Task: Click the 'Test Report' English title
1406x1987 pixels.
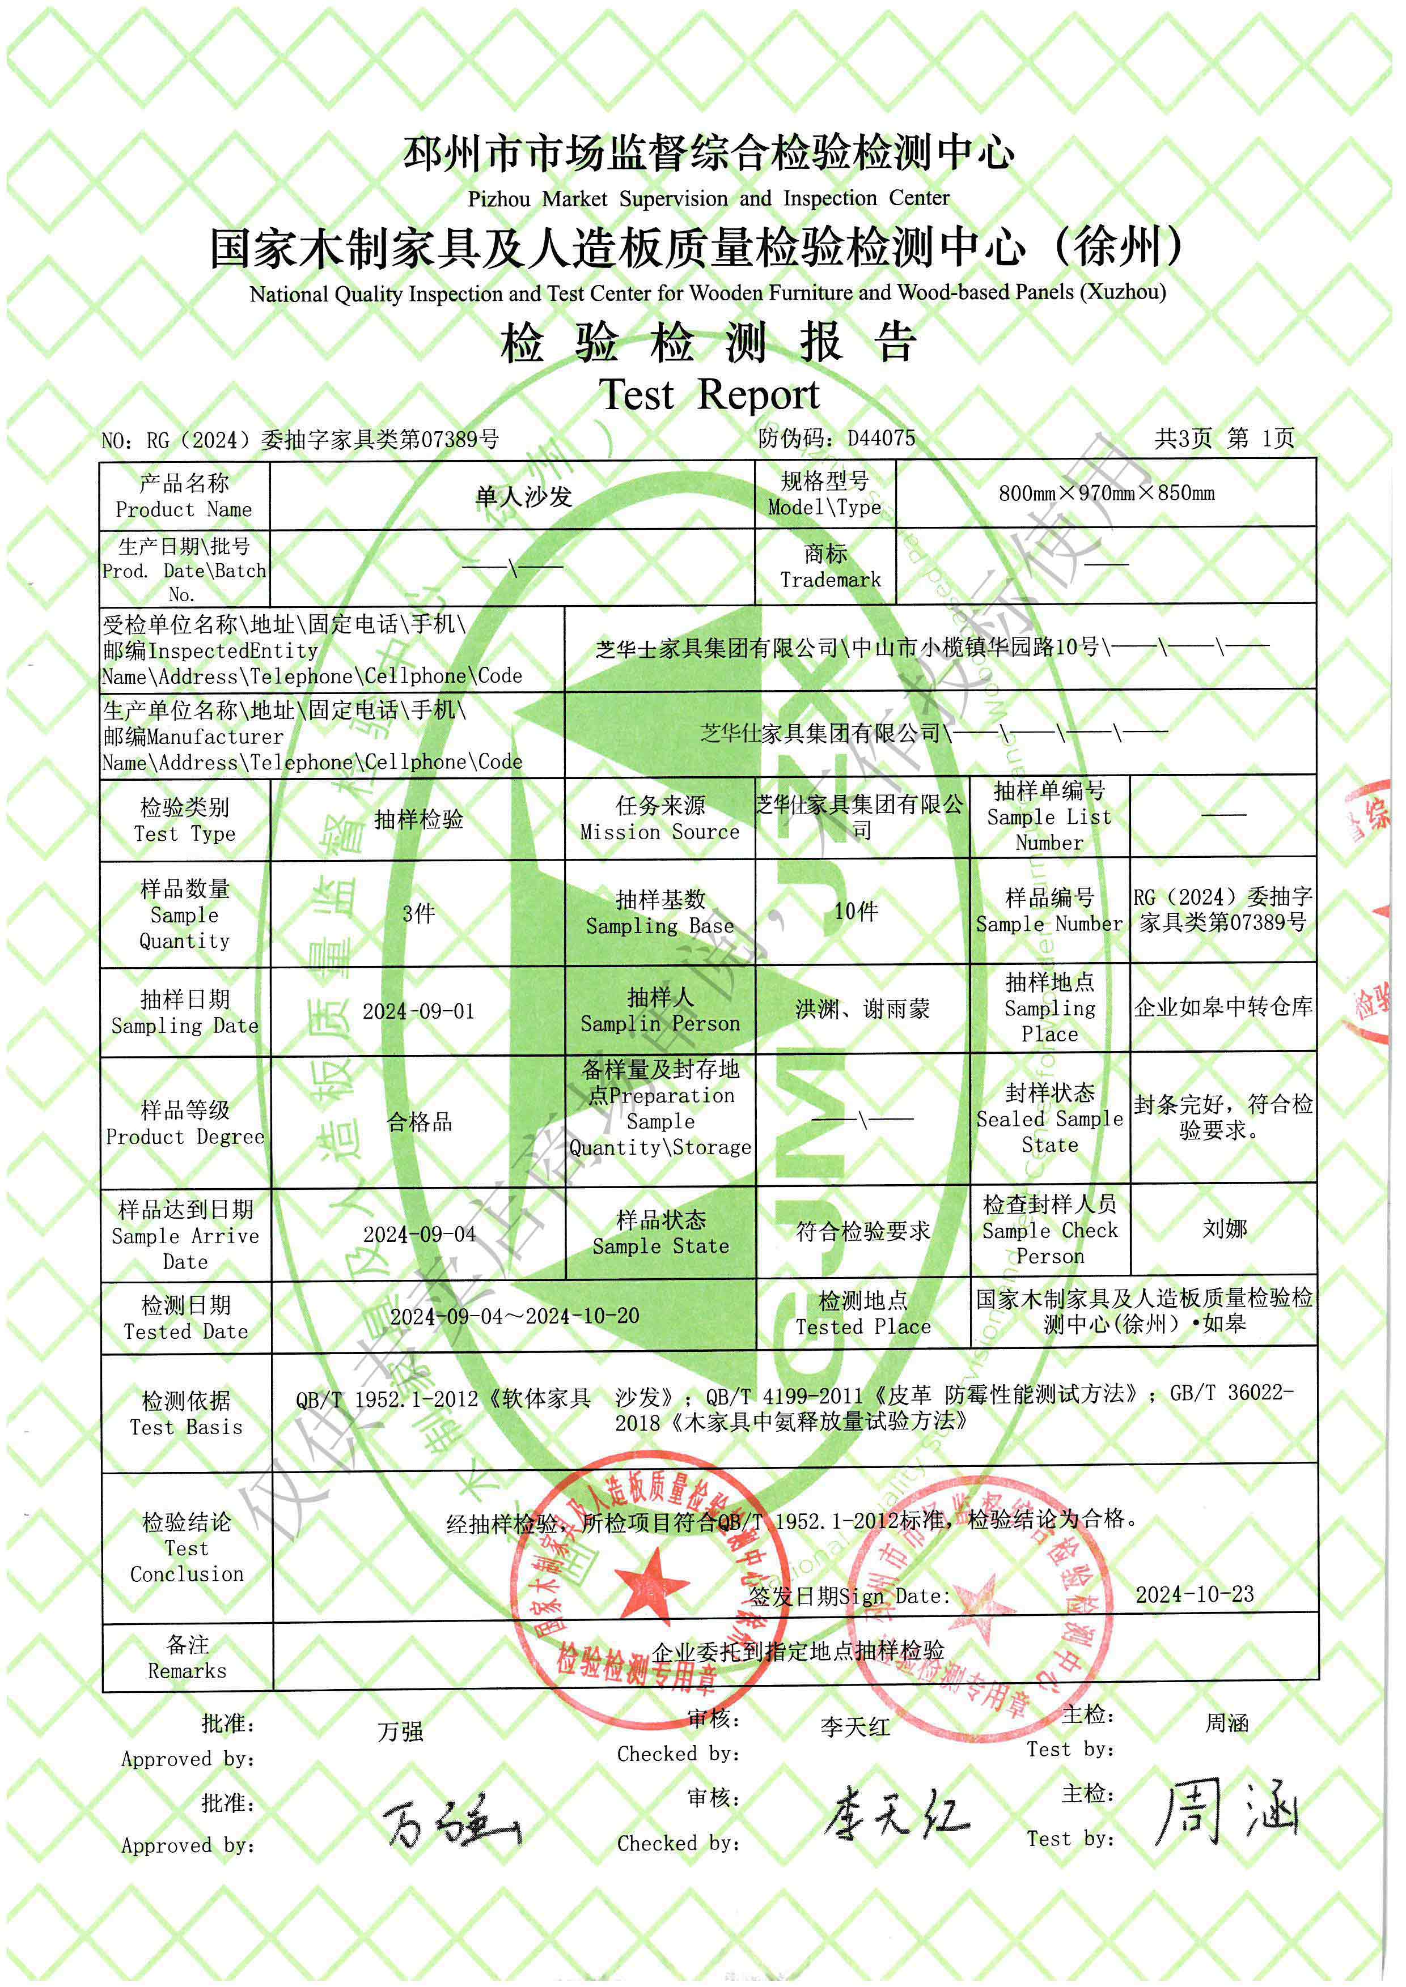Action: pyautogui.click(x=709, y=395)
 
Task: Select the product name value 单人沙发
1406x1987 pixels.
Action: pyautogui.click(x=524, y=496)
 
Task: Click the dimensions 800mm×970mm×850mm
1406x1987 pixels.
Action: pyautogui.click(x=1107, y=493)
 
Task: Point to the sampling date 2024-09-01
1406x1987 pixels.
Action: pyautogui.click(x=418, y=1011)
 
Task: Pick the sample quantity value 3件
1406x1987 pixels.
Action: pyautogui.click(x=418, y=913)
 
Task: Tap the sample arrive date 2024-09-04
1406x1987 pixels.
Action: pyautogui.click(x=419, y=1234)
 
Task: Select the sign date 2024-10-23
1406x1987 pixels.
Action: pyautogui.click(x=1194, y=1594)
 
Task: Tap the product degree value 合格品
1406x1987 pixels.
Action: pyautogui.click(x=419, y=1122)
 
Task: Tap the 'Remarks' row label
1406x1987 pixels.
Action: pyautogui.click(x=187, y=1671)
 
